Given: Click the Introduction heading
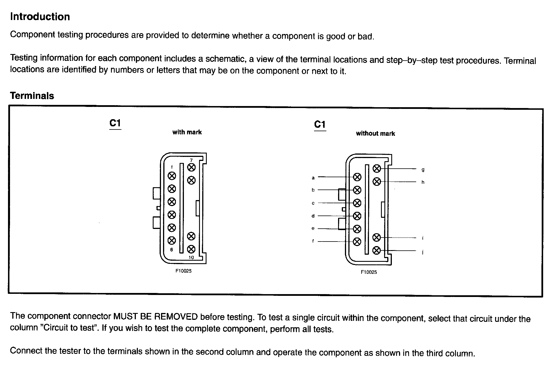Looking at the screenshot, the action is tap(40, 17).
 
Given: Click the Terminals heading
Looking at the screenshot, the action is tap(32, 96).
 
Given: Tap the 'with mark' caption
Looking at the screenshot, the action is tap(187, 132).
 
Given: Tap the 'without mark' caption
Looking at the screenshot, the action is tap(375, 133).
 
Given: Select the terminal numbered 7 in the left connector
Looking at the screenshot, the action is tap(191, 167).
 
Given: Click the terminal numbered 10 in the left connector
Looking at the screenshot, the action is tap(191, 249).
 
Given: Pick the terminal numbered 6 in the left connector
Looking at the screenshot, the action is tap(172, 241).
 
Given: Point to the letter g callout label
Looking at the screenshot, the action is tap(423, 170).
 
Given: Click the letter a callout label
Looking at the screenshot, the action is tap(313, 178).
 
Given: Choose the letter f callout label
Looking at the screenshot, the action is tap(313, 241).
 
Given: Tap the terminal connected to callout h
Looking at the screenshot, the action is tap(377, 181).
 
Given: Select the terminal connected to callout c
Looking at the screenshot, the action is tap(357, 203).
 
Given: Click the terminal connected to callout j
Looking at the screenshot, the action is tap(377, 251).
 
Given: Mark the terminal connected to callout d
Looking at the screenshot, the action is tap(357, 216).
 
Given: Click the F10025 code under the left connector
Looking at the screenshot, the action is tap(183, 271).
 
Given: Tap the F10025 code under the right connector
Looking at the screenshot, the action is tap(369, 272).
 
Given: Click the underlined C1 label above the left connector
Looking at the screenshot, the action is tap(115, 123).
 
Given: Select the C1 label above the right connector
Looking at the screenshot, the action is tap(320, 125).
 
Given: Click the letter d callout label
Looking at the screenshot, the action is tap(313, 216).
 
